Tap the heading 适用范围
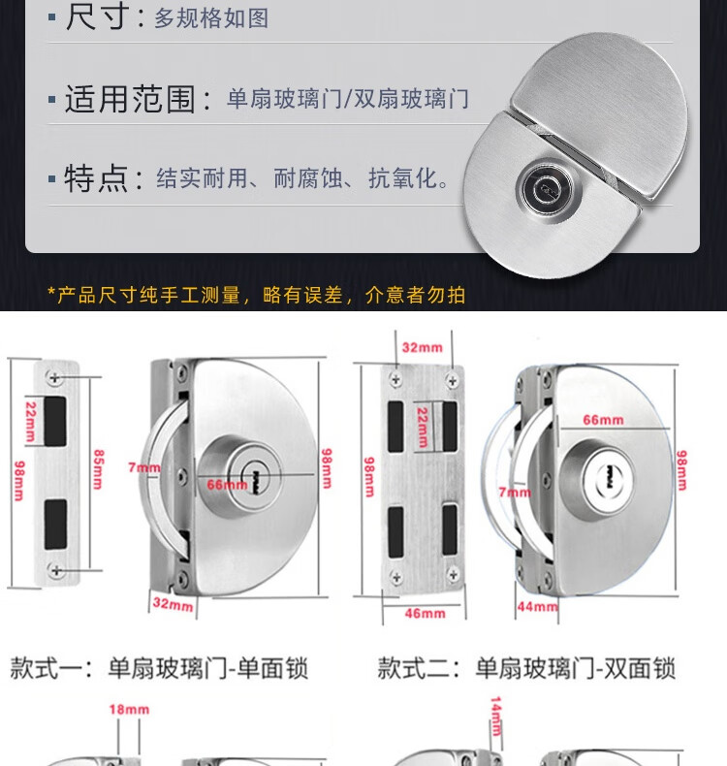pos(130,99)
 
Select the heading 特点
pos(96,178)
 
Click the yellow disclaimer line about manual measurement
pos(256,295)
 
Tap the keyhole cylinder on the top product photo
pos(542,187)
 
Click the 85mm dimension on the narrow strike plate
pos(98,469)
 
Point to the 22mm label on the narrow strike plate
pos(30,422)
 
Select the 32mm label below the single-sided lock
pos(173,604)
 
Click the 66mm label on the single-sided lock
pos(227,485)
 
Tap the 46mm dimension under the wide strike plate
pos(425,613)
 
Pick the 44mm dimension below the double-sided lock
pos(537,607)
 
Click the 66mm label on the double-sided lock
pos(603,420)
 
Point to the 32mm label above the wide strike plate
pos(422,348)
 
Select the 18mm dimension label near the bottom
pos(129,710)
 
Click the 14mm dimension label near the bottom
pos(495,717)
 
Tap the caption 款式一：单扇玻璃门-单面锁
pos(159,668)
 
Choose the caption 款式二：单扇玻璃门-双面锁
pos(526,668)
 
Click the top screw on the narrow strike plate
pos(54,377)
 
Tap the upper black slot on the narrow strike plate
pos(55,421)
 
